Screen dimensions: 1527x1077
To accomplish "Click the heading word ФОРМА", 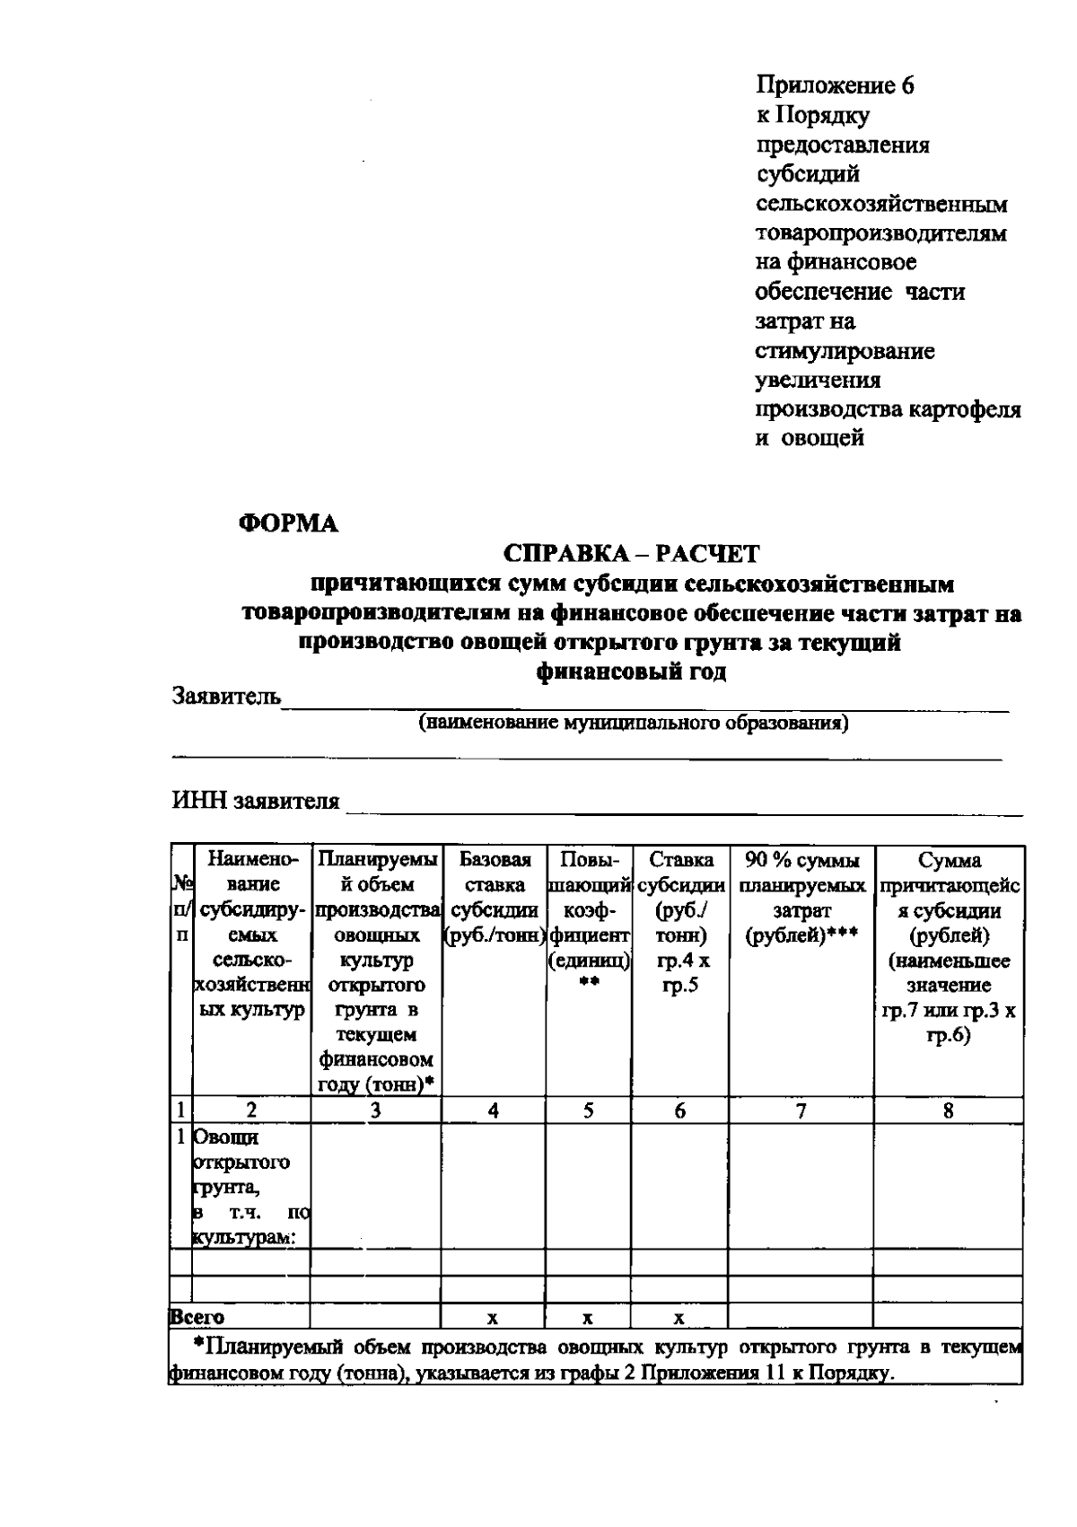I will coord(288,525).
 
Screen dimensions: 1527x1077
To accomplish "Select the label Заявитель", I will coord(226,696).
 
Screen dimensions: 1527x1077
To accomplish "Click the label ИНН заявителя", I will coord(256,801).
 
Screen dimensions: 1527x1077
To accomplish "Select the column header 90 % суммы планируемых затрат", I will coord(801,898).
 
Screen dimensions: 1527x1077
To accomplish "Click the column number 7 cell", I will coord(801,1111).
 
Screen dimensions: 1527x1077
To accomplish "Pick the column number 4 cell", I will coord(494,1111).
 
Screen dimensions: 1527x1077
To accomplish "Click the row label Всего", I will coord(197,1318).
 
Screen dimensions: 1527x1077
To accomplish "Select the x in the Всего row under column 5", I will coord(587,1318).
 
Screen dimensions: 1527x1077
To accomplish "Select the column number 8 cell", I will coord(948,1111).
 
